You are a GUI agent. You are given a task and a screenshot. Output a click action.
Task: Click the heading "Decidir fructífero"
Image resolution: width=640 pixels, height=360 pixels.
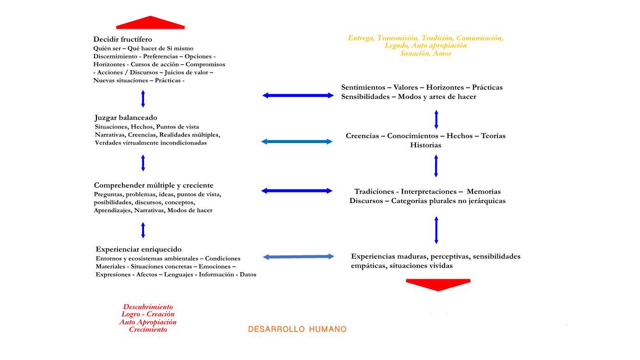tap(122, 39)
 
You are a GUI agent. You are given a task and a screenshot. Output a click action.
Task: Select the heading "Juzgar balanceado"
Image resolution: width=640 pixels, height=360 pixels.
tap(126, 118)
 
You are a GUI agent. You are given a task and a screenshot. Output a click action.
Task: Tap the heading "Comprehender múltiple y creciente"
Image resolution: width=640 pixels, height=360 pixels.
tap(154, 185)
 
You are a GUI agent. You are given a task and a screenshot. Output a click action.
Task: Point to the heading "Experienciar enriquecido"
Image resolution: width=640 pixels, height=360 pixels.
tap(138, 249)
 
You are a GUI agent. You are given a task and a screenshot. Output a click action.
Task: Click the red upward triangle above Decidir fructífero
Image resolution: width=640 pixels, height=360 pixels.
tap(150, 23)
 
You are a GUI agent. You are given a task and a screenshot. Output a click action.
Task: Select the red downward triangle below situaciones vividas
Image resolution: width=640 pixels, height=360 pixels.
tap(438, 284)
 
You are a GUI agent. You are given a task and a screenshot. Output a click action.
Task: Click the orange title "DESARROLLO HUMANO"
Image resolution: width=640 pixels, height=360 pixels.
tap(297, 329)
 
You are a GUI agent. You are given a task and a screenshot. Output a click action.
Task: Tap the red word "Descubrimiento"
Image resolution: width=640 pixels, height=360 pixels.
tap(148, 307)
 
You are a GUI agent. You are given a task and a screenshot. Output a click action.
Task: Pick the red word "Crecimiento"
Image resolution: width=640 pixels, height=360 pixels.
tap(148, 330)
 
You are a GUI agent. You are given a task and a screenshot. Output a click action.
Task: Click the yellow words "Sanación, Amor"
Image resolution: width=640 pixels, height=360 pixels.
tap(426, 53)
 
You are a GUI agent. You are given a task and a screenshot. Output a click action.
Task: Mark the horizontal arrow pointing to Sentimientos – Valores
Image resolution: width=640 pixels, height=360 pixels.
tap(298, 96)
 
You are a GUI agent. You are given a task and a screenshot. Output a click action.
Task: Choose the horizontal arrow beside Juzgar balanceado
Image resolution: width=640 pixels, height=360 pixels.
tap(297, 142)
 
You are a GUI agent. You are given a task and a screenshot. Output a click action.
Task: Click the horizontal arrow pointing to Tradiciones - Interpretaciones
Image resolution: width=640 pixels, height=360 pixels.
tap(297, 191)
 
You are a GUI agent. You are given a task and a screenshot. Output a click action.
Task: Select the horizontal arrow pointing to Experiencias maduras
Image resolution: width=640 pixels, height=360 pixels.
tap(299, 257)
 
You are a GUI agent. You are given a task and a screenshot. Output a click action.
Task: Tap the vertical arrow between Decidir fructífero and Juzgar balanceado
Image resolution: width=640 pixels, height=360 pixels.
tap(143, 98)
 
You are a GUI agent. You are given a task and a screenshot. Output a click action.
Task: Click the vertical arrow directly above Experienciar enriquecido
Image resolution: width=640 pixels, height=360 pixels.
tap(143, 230)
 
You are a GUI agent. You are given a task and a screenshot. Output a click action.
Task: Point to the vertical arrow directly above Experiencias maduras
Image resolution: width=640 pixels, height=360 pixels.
tap(436, 230)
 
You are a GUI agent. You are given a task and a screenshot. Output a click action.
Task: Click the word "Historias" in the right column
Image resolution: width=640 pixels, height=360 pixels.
tap(425, 145)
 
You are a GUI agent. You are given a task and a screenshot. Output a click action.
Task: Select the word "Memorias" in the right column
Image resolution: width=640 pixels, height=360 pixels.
tap(483, 192)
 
